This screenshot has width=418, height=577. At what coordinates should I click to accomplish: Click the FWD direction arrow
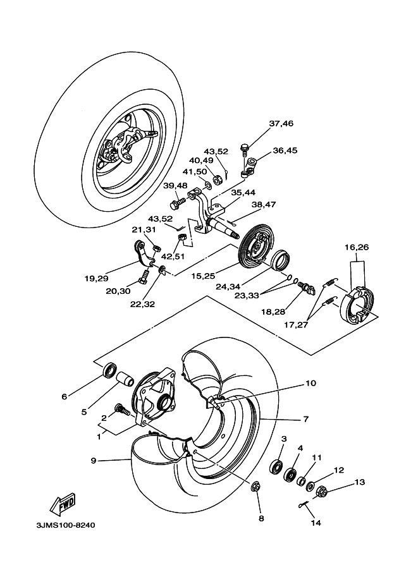click(62, 505)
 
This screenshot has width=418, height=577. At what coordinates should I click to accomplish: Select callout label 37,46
click(281, 124)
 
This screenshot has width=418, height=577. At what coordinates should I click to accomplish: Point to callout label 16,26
click(357, 247)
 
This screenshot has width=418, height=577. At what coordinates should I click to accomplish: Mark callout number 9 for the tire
click(93, 461)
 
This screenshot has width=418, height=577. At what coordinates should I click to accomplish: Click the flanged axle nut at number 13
click(321, 490)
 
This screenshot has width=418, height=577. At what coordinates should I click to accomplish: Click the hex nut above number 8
click(257, 487)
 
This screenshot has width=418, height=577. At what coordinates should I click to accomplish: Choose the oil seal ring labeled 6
click(111, 370)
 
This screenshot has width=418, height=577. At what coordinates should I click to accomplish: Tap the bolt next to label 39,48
click(176, 203)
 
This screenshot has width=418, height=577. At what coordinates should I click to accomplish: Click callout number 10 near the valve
click(310, 383)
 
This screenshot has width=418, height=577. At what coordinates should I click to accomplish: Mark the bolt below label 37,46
click(245, 149)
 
